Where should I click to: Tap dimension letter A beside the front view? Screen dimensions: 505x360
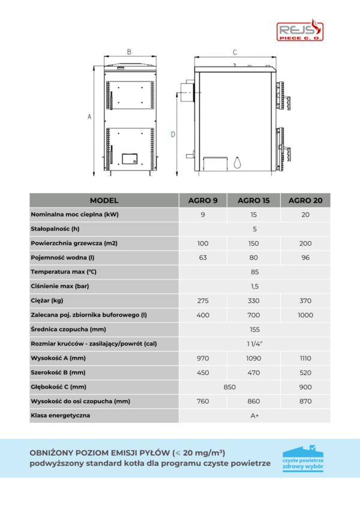pos(89,117)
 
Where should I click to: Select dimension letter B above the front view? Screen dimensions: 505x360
pos(129,52)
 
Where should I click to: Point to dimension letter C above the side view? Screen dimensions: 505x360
pos(235,52)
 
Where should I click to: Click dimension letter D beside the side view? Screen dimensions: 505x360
pos(173,134)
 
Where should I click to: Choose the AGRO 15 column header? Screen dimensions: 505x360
pos(253,200)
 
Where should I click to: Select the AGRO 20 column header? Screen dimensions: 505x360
pos(305,200)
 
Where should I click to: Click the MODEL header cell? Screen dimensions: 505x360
pos(104,200)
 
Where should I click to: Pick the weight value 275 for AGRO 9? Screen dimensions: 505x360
pos(203,301)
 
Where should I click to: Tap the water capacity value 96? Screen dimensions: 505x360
pos(305,258)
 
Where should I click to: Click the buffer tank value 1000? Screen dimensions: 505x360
pos(305,315)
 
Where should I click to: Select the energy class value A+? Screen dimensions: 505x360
pos(254,416)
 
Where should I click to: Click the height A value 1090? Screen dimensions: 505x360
pos(253,359)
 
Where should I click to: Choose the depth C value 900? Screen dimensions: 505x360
pos(305,387)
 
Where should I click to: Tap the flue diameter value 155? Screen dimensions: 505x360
pos(254,330)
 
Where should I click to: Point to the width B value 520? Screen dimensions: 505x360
pos(305,372)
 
